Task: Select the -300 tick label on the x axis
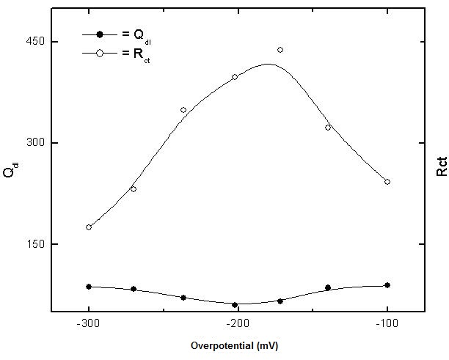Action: (x=88, y=323)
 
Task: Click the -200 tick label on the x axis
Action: (x=237, y=323)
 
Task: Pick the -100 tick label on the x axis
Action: (x=387, y=323)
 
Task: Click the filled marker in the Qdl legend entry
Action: (x=101, y=34)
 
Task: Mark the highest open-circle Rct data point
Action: (x=280, y=50)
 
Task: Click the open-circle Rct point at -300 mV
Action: (x=89, y=227)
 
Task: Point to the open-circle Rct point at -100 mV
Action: (x=387, y=182)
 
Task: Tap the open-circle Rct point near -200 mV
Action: (x=235, y=77)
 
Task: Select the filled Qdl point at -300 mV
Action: (x=89, y=287)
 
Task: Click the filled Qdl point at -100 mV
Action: (x=387, y=285)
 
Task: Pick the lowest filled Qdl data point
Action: (x=235, y=305)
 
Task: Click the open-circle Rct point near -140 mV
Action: (x=328, y=128)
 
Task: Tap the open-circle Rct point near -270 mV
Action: (x=134, y=189)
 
